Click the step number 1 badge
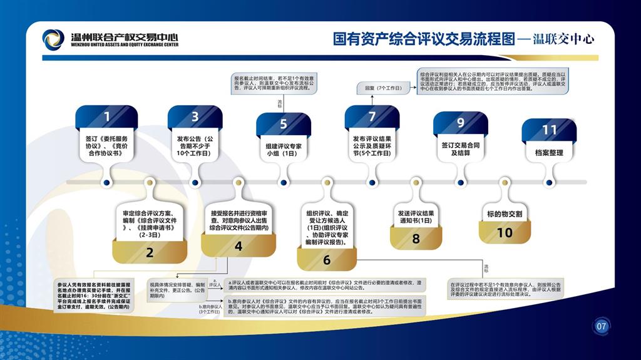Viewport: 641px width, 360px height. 107,116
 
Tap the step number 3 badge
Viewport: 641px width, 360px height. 195,116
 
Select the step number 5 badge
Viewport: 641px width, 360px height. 284,124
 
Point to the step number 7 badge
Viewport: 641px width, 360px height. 372,116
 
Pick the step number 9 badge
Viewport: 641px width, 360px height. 461,123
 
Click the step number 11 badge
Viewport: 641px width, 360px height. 549,130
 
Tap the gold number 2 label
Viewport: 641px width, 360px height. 150,252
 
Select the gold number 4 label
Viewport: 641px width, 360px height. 238,246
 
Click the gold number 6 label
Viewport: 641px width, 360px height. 327,260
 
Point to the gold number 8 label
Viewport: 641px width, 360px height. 416,239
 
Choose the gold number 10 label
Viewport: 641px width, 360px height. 505,232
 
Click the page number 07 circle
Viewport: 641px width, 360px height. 602,326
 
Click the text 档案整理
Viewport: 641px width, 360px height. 549,152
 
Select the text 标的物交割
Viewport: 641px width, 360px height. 505,213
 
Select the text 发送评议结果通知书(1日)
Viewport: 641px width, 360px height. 416,217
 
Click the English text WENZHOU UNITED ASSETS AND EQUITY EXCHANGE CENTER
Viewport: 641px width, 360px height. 125,45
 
